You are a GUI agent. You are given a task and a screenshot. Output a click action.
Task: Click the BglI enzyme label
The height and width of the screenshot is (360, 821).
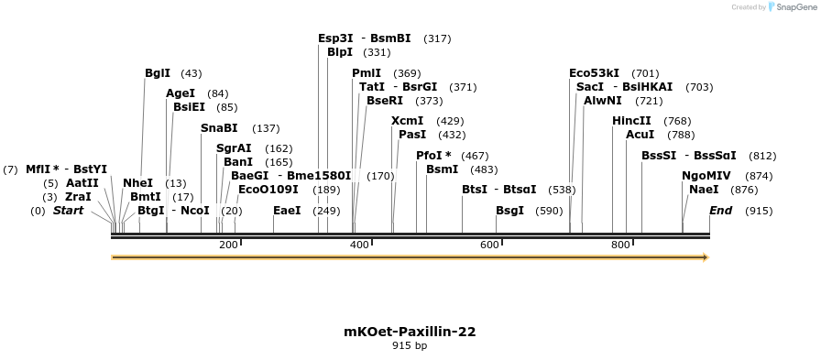pyautogui.click(x=158, y=73)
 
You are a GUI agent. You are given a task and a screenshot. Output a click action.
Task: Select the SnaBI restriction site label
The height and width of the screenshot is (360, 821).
pyautogui.click(x=219, y=128)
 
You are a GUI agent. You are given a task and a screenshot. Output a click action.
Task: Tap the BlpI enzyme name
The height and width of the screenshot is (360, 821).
pyautogui.click(x=340, y=52)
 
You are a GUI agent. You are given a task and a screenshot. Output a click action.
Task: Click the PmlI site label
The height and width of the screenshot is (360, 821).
pyautogui.click(x=367, y=73)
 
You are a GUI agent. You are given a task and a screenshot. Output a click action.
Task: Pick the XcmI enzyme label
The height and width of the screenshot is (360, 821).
pyautogui.click(x=407, y=121)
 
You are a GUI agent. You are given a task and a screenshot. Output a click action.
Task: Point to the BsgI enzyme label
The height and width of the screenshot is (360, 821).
pyautogui.click(x=509, y=211)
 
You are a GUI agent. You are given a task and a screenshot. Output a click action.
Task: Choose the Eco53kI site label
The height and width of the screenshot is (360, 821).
pyautogui.click(x=594, y=73)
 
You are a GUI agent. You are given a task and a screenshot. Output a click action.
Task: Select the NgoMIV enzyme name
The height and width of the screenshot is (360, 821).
pyautogui.click(x=706, y=176)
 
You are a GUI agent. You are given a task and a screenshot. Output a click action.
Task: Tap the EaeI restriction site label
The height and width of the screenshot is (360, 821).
pyautogui.click(x=287, y=211)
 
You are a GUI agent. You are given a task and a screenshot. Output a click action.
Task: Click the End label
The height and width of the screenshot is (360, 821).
pyautogui.click(x=721, y=211)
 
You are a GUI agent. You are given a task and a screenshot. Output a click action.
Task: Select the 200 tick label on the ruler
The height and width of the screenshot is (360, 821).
pyautogui.click(x=228, y=245)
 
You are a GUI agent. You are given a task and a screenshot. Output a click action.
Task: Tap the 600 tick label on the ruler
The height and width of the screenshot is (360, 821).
pyautogui.click(x=489, y=245)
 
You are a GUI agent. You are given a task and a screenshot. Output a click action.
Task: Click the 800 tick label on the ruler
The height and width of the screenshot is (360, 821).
pyautogui.click(x=620, y=245)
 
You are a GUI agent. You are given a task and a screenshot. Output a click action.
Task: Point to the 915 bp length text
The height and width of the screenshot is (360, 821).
pyautogui.click(x=410, y=346)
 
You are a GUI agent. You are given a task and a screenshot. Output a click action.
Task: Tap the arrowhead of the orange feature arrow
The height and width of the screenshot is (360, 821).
pyautogui.click(x=706, y=257)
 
